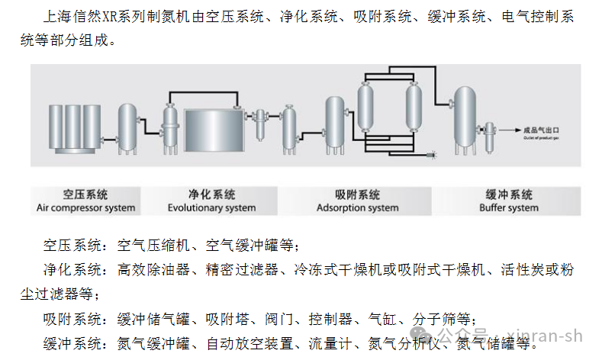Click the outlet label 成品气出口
(542, 130)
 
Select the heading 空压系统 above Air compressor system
(85, 194)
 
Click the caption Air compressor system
(85, 207)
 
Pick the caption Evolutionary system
(211, 207)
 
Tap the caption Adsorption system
(357, 207)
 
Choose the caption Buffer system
(508, 207)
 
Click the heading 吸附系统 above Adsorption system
(357, 194)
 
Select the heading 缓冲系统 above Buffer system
(509, 194)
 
